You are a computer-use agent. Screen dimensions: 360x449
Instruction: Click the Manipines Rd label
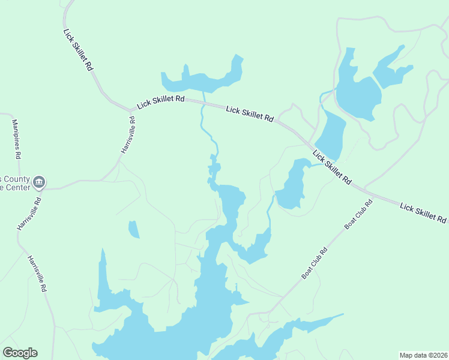coord(17,139)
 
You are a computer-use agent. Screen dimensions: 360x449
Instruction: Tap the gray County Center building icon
coord(40,182)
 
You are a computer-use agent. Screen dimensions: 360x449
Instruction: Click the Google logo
coord(20,353)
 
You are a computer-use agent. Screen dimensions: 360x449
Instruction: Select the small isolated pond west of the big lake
coord(133,229)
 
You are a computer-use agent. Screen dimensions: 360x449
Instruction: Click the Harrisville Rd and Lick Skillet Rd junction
coord(131,111)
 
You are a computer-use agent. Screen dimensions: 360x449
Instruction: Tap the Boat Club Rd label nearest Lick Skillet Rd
coord(359,213)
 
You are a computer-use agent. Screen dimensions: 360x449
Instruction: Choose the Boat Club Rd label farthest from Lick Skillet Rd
coord(315,263)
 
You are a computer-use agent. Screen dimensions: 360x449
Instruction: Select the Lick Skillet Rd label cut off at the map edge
coord(424,212)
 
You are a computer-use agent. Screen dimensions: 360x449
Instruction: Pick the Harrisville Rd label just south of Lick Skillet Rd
coord(127,134)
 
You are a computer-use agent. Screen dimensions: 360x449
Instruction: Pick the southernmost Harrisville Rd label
coord(37,273)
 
